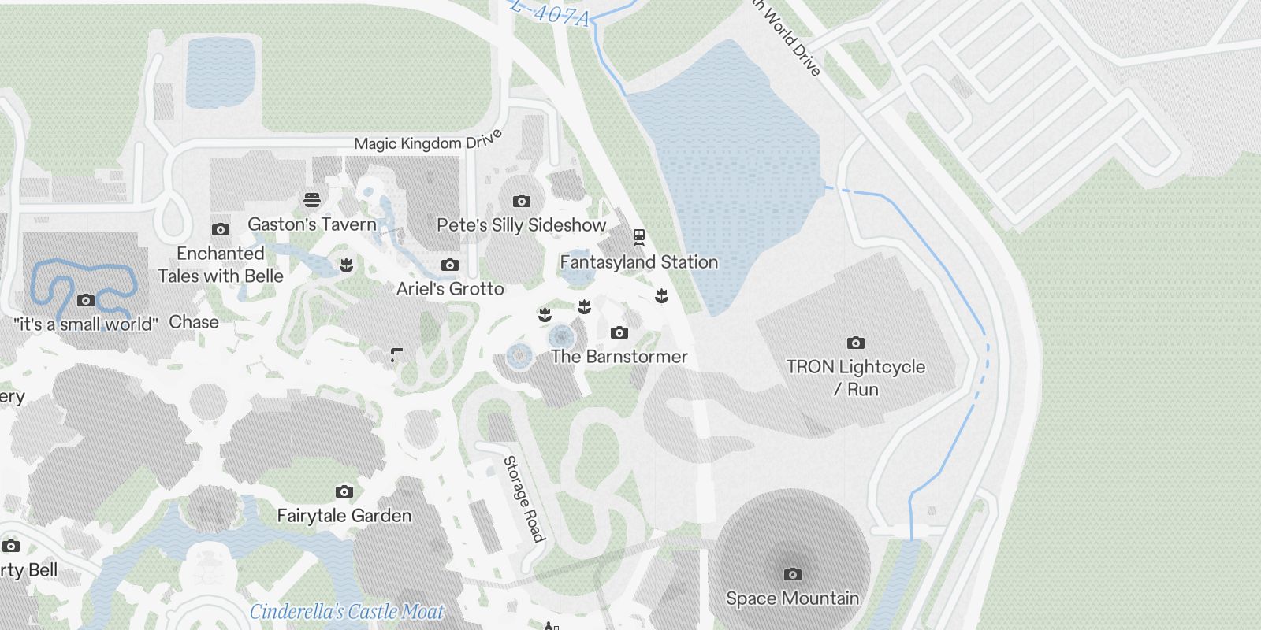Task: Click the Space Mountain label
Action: pos(792,598)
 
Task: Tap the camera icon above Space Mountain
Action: pos(793,574)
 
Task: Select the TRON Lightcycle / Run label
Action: pos(856,378)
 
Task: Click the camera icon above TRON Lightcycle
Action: pos(856,343)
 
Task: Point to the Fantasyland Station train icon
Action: pos(639,236)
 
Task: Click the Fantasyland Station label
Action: pos(639,262)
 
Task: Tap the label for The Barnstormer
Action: pos(619,357)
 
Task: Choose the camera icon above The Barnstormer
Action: pos(619,333)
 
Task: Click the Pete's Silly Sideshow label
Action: pos(522,225)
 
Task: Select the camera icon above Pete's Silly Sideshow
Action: pos(521,202)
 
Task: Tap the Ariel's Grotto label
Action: pos(450,289)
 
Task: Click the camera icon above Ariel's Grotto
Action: pos(450,265)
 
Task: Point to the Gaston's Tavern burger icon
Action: pos(312,200)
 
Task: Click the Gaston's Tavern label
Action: pos(312,224)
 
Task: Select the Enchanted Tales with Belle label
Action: pos(221,265)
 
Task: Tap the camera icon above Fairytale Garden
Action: pos(344,492)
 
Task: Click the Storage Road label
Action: pos(524,498)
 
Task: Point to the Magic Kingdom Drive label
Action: pos(428,141)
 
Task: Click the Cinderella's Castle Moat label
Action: pos(347,612)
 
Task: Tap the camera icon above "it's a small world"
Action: pos(87,300)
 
